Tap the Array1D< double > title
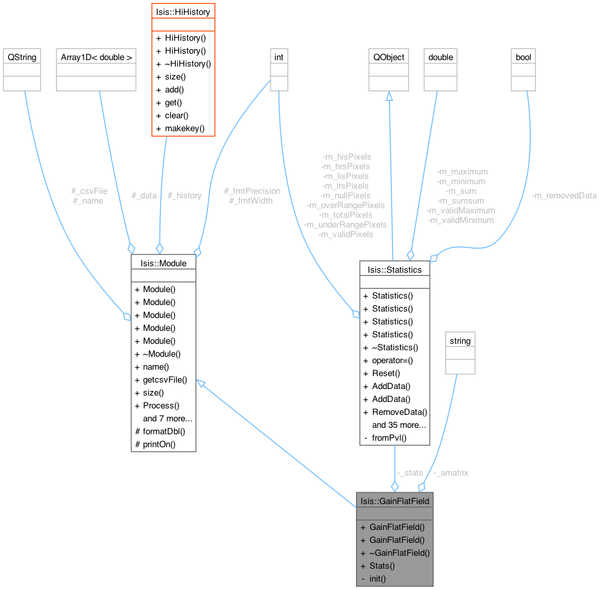[x=96, y=57]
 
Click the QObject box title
[x=389, y=57]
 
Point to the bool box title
[x=523, y=57]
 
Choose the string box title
[x=460, y=341]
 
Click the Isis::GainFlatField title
[x=394, y=500]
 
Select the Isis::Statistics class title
[x=394, y=269]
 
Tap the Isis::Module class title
[x=163, y=263]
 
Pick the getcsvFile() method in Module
[x=164, y=379]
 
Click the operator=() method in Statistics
[x=392, y=360]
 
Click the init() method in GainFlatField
[x=377, y=578]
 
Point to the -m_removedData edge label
[x=564, y=195]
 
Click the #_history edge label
[x=184, y=195]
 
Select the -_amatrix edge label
[x=450, y=472]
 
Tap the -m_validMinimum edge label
[x=461, y=220]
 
